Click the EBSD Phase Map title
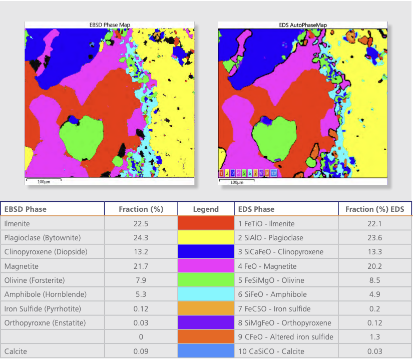point(110,25)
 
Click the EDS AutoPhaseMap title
point(303,25)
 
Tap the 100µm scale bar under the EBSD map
point(44,180)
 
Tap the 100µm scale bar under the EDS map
point(237,181)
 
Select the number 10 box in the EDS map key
point(274,173)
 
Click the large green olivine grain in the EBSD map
point(82,138)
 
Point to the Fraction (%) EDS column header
point(374,209)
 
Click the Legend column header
point(206,209)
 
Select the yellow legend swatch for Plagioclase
point(206,237)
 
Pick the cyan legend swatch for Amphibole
point(206,294)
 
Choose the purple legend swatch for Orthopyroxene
point(206,322)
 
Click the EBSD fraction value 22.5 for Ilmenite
point(141,224)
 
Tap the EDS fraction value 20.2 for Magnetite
point(375,266)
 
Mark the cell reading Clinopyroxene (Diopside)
point(46,252)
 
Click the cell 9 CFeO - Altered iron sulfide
point(286,337)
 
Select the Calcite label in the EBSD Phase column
point(16,351)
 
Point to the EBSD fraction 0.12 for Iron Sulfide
point(141,308)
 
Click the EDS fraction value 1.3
point(375,337)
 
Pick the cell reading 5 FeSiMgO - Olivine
point(271,280)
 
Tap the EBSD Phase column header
point(26,209)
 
